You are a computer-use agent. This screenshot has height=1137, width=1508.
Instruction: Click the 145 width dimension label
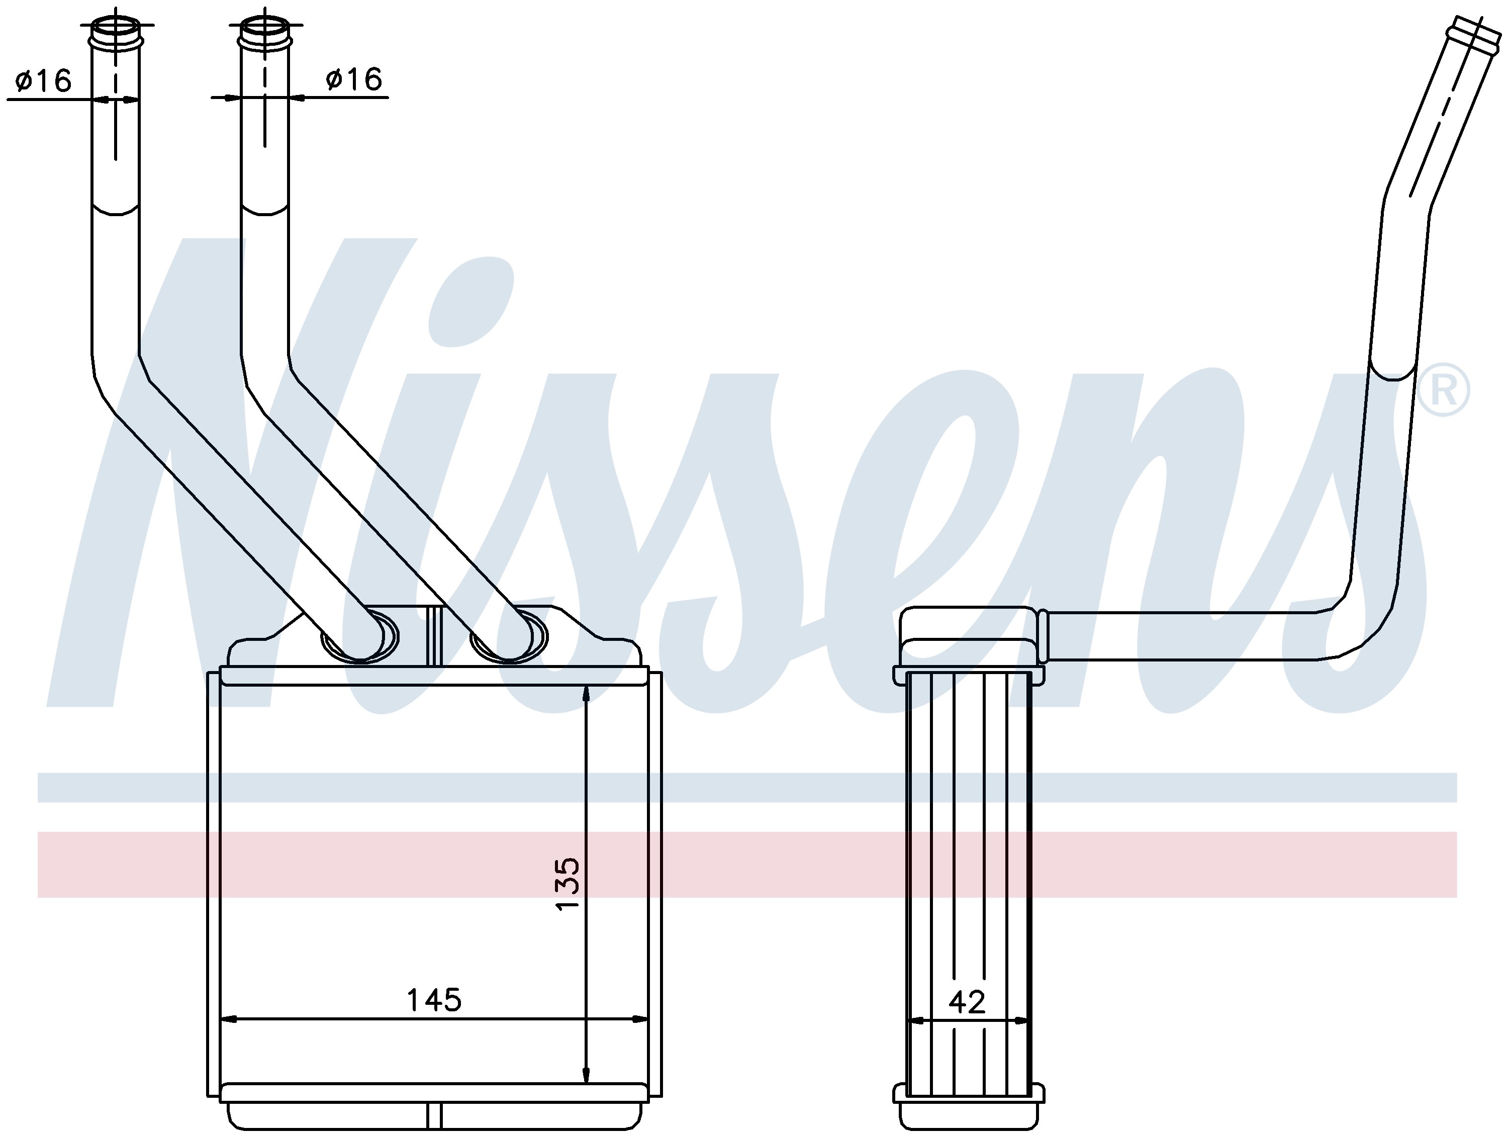tap(434, 1000)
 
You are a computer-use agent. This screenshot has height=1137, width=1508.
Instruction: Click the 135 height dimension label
tap(567, 884)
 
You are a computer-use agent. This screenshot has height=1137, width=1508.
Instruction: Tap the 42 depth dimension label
tap(967, 1001)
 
